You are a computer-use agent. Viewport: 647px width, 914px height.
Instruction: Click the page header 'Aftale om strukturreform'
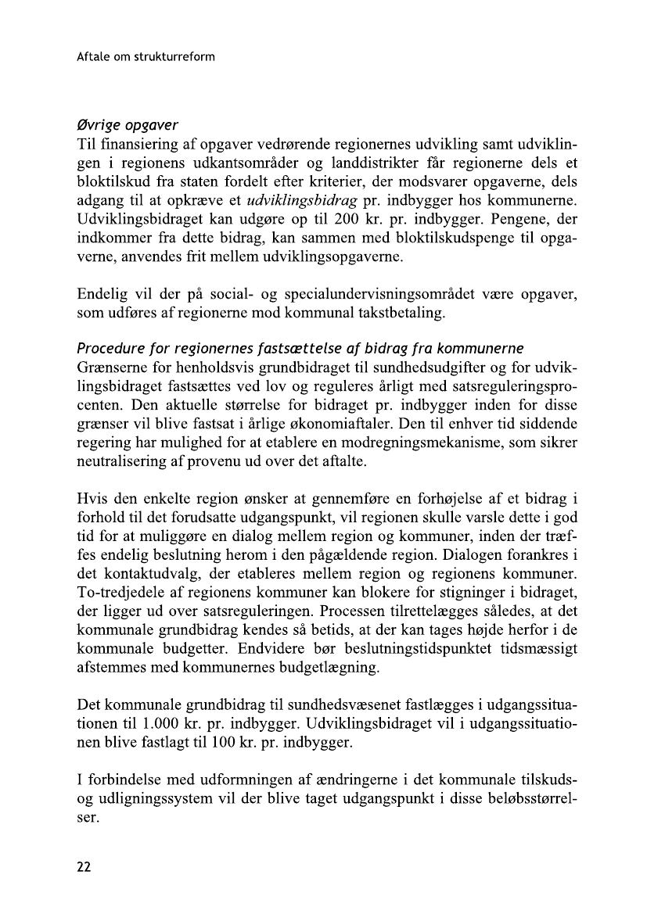point(146,57)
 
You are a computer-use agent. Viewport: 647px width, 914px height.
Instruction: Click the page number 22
point(84,866)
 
